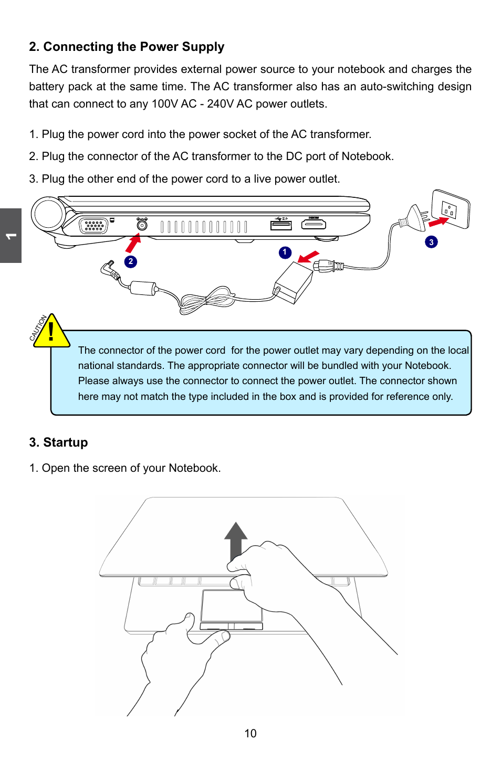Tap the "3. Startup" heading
coord(58,442)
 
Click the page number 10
coord(250,734)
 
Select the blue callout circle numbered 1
coord(285,252)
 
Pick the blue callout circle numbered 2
coord(130,261)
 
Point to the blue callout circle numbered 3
coord(431,242)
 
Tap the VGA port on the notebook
coord(93,226)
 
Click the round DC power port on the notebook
coord(142,225)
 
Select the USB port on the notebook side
coord(281,225)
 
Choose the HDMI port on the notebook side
coord(314,225)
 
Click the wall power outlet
coord(450,209)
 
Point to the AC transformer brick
coord(294,282)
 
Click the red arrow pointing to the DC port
coord(133,244)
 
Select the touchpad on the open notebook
coord(231,606)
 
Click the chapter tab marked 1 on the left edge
coord(11,236)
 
